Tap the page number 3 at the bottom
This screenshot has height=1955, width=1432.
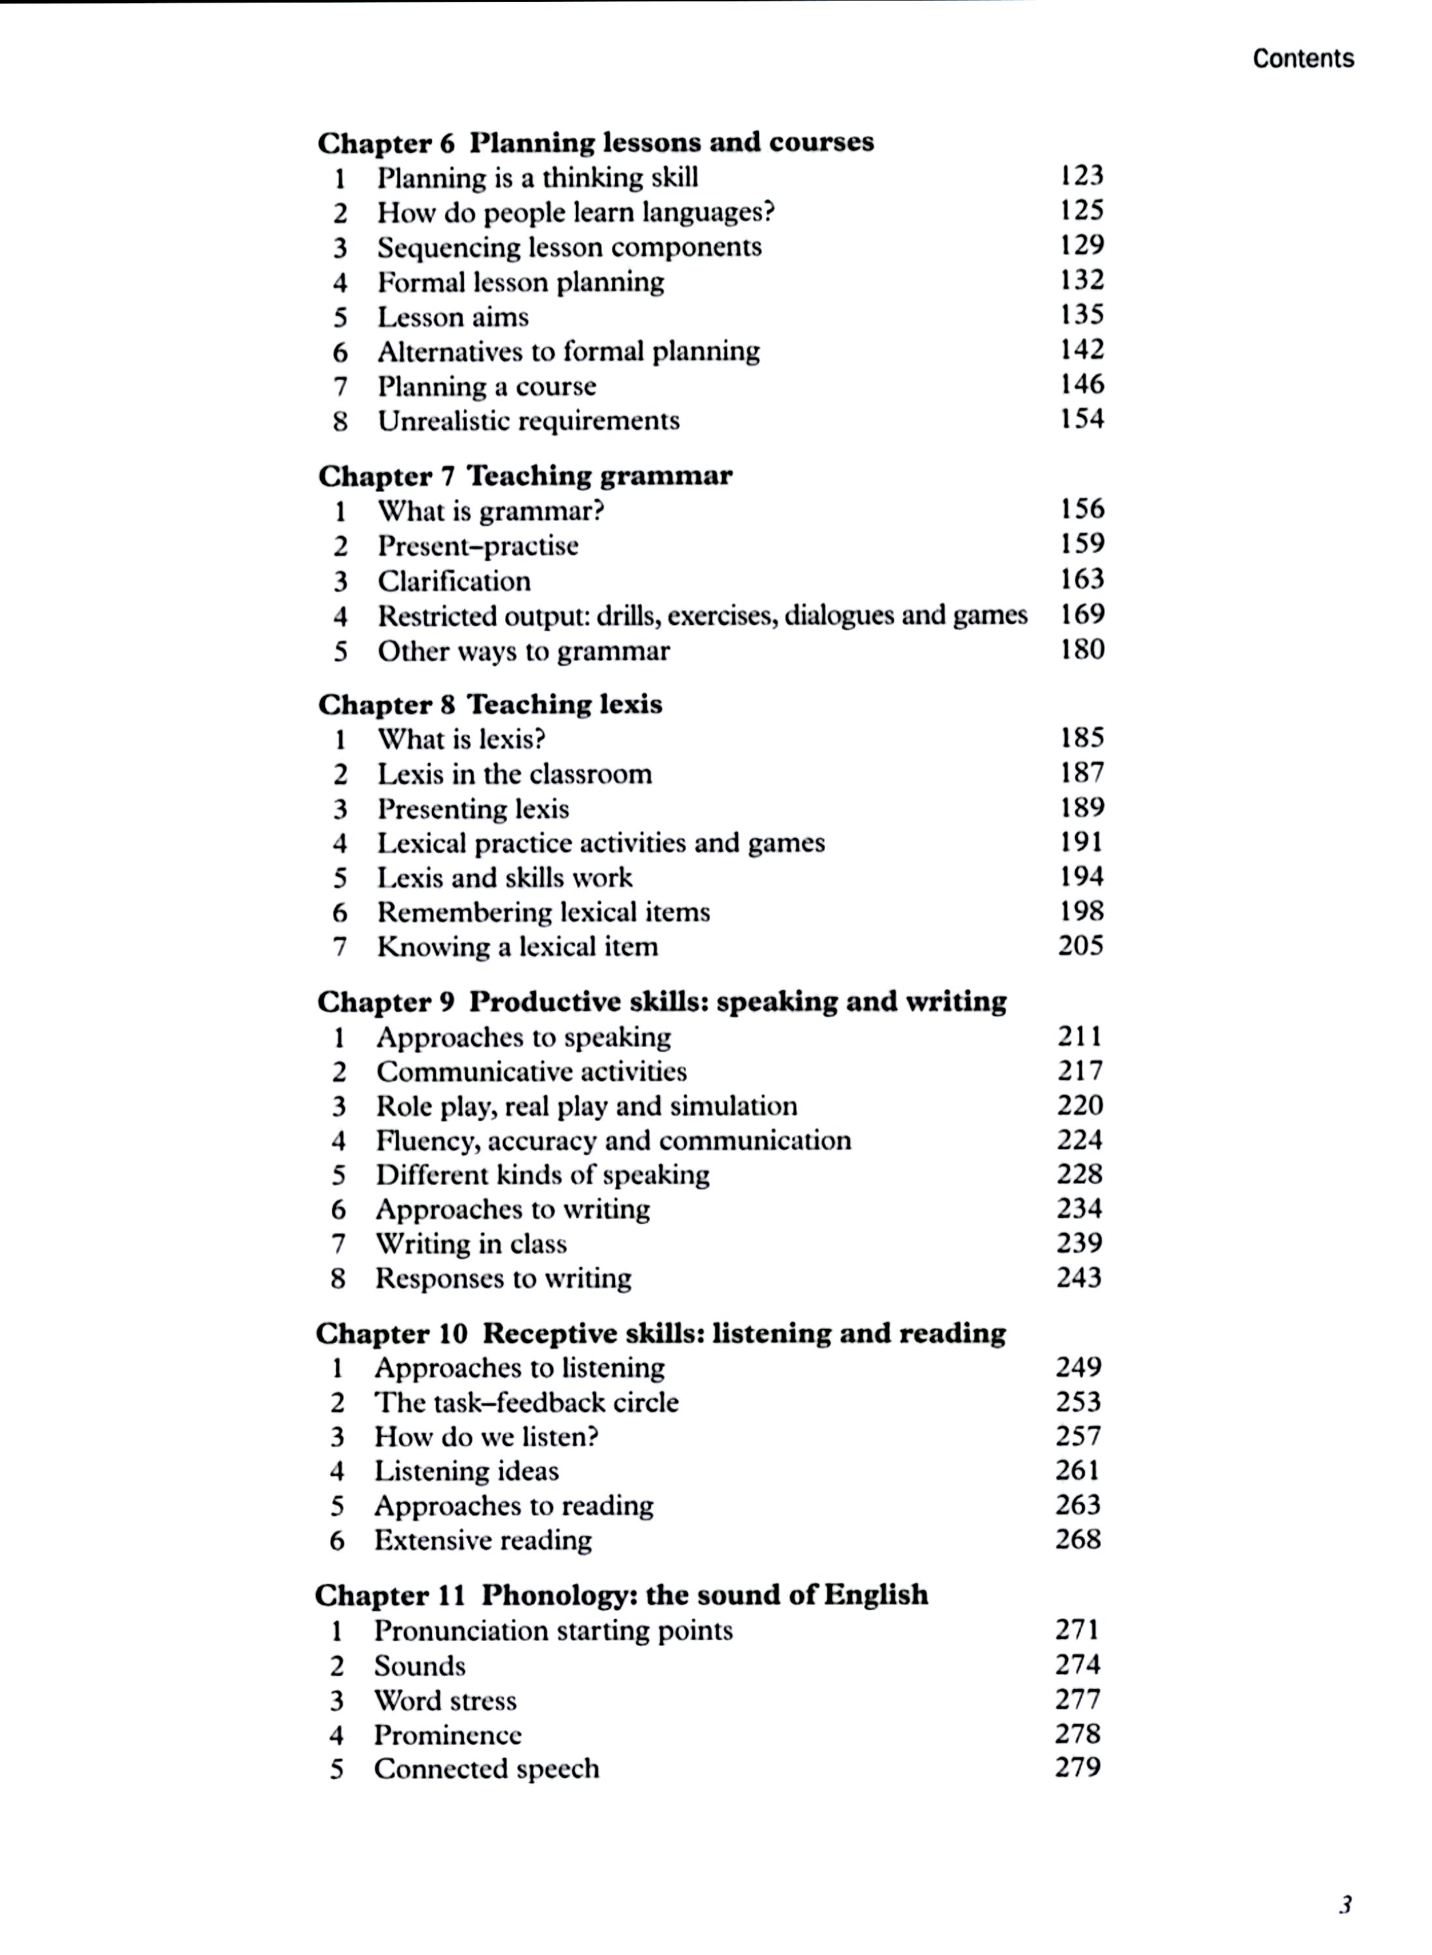(x=1345, y=1905)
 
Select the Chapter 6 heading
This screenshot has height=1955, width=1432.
(x=595, y=142)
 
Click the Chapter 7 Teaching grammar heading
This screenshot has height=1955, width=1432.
(x=525, y=476)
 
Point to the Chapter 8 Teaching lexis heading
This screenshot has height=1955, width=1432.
(x=490, y=704)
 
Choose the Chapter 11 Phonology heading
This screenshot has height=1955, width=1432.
(x=621, y=1595)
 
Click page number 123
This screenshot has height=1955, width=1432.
(x=1081, y=176)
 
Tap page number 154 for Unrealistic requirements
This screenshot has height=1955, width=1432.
(x=1081, y=420)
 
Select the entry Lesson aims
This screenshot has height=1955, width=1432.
(x=453, y=317)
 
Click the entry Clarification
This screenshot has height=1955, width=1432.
(x=453, y=581)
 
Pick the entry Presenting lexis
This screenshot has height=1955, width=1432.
(x=472, y=809)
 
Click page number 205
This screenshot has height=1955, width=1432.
(x=1080, y=946)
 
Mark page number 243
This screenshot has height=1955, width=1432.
(x=1079, y=1278)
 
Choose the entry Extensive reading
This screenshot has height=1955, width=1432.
(x=483, y=1541)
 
